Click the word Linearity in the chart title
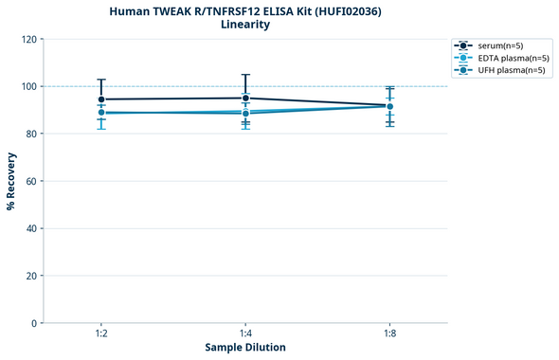tap(245, 25)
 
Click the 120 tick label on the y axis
tap(30, 39)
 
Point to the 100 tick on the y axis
tap(30, 86)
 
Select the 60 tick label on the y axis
tap(33, 181)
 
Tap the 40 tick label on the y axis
tap(33, 228)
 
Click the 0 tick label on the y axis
tap(36, 323)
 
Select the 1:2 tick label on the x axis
tap(101, 334)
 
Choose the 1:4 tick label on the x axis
tap(245, 334)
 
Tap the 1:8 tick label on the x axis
tap(389, 334)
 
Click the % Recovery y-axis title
tap(11, 181)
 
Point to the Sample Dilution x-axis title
tap(245, 348)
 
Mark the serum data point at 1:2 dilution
tap(101, 99)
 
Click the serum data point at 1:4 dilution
tap(245, 98)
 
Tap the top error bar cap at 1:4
tap(245, 75)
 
